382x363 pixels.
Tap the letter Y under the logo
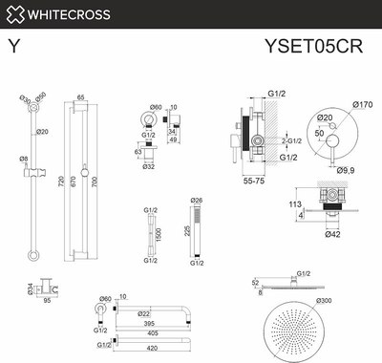pyautogui.click(x=13, y=44)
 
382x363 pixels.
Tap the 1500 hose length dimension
pyautogui.click(x=157, y=232)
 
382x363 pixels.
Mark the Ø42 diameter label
pyautogui.click(x=332, y=234)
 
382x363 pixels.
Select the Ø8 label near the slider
pyautogui.click(x=24, y=159)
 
